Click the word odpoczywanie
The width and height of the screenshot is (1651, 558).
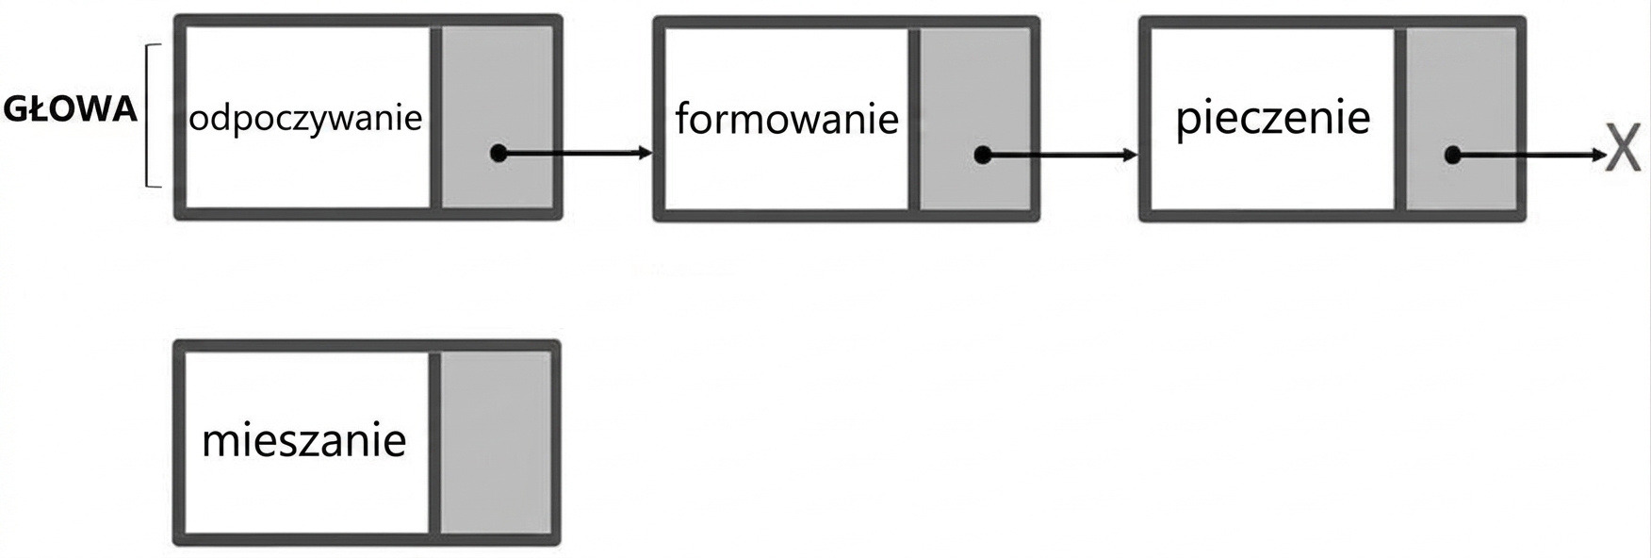(x=305, y=120)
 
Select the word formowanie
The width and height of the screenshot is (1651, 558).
(x=787, y=120)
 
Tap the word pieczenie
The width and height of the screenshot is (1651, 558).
(x=1272, y=118)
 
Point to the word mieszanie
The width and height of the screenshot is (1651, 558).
(x=304, y=439)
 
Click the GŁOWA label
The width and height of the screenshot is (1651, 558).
(x=70, y=109)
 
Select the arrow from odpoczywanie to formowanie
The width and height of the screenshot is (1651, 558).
(x=575, y=153)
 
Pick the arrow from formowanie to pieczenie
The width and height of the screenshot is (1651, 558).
(x=1060, y=155)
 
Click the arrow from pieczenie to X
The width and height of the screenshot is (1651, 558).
(x=1528, y=155)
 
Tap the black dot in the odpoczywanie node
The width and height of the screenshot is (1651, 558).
(x=499, y=153)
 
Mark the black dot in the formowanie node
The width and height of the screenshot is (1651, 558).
(x=982, y=155)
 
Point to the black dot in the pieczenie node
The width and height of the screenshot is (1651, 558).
(x=1452, y=155)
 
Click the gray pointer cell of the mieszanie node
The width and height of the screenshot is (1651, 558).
(x=496, y=442)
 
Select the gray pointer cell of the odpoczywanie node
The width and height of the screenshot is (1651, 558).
(x=497, y=117)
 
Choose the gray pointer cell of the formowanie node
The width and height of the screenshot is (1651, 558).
(x=974, y=119)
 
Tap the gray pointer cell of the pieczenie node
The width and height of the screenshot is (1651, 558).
(x=1461, y=119)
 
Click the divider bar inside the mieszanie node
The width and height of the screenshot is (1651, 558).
(x=434, y=442)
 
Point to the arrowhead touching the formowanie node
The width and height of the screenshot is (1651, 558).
(x=645, y=153)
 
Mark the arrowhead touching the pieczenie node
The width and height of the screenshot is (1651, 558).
(x=1131, y=155)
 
